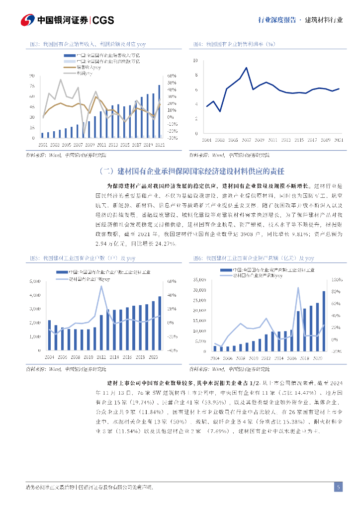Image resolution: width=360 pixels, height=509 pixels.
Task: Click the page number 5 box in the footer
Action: coord(338,487)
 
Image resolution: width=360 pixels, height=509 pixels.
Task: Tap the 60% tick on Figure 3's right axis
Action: coord(172,76)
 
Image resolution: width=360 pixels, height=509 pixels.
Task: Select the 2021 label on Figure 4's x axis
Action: coord(339,140)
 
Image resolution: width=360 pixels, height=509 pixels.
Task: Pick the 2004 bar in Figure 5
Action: coord(49,336)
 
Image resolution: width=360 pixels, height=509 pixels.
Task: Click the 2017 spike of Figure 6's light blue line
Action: coord(298,288)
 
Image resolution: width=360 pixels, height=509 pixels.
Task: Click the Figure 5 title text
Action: coord(82,258)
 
